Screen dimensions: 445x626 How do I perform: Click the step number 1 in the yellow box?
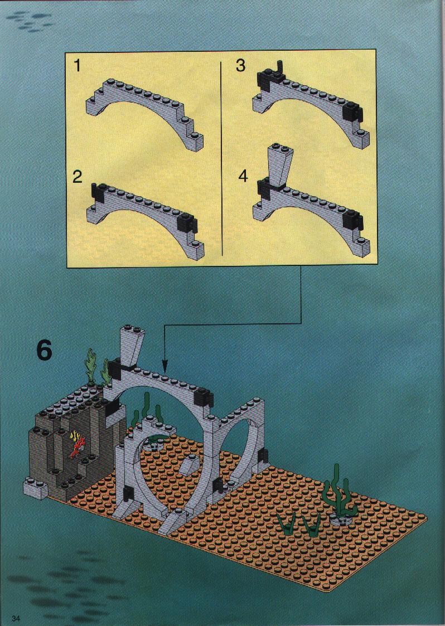(x=78, y=65)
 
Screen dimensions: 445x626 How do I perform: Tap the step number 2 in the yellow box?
(x=78, y=177)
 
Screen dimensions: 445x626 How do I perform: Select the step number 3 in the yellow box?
(x=240, y=65)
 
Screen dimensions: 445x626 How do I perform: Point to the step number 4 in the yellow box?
(x=243, y=176)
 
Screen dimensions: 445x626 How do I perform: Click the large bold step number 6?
(x=44, y=350)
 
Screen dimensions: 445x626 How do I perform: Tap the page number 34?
(x=16, y=618)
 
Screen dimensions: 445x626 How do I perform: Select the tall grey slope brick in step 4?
(x=281, y=166)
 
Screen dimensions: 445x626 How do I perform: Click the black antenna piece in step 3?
(x=280, y=68)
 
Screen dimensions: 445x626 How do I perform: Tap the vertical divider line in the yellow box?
(x=221, y=158)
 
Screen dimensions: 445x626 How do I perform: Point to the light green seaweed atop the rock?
(x=96, y=368)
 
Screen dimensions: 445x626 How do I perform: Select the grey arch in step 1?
(x=144, y=113)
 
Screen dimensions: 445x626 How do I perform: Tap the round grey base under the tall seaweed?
(x=341, y=519)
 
